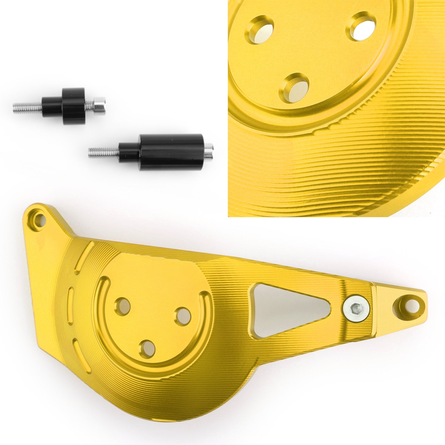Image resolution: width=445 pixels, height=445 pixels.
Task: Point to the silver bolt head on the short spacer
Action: (100, 105)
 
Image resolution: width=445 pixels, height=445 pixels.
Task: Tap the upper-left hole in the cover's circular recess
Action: (123, 306)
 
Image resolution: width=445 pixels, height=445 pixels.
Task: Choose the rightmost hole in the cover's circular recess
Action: (183, 316)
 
